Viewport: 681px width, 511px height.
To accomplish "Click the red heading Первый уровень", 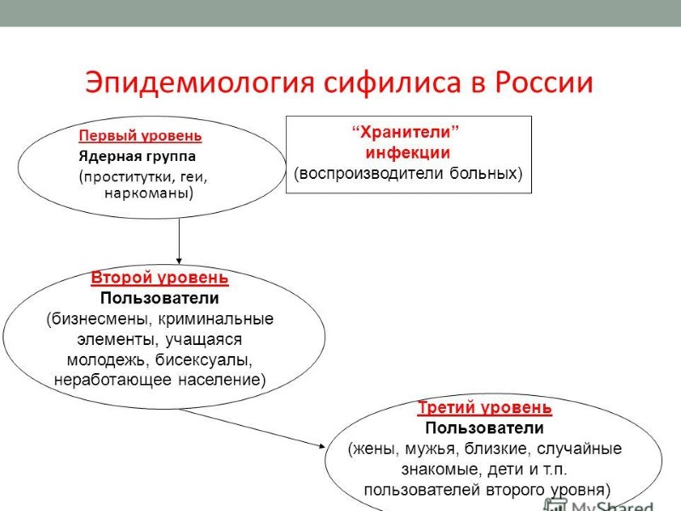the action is tap(140, 135).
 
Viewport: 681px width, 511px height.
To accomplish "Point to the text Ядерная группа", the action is tap(137, 157).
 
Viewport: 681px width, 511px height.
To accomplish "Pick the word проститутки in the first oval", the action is tap(127, 177).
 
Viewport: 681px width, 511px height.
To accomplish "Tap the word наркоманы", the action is tap(146, 193).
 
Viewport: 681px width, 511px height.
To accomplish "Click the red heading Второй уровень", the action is tap(159, 278).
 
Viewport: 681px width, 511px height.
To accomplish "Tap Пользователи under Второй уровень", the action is tap(159, 298).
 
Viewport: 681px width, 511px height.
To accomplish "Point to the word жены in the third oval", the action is tap(375, 449).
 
